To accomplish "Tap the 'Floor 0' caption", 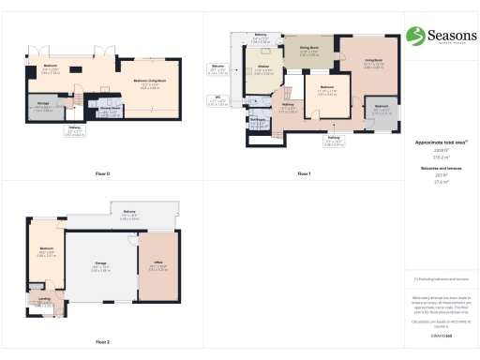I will [102, 174].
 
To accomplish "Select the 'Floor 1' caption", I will [304, 174].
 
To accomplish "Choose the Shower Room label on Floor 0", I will [108, 110].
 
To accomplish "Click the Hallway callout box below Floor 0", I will [74, 132].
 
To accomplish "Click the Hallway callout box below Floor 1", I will [334, 142].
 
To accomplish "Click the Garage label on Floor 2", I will [99, 268].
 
